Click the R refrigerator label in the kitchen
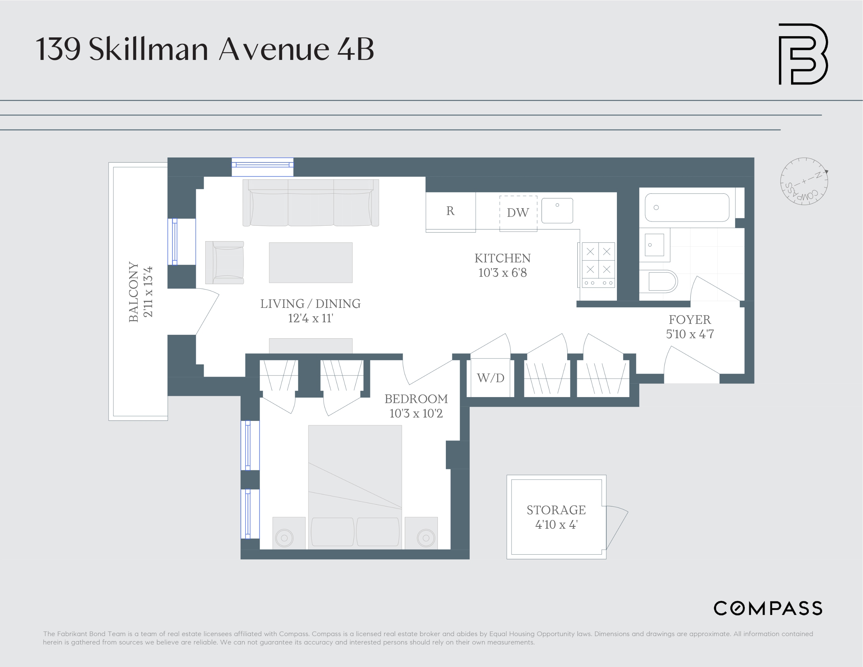(x=450, y=211)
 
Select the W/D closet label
(x=490, y=378)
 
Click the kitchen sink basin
(x=557, y=211)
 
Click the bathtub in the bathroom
(x=687, y=208)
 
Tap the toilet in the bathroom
(x=658, y=281)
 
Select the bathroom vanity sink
(x=654, y=245)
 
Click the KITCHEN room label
(x=502, y=258)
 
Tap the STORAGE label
(x=556, y=510)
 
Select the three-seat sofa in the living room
(x=311, y=203)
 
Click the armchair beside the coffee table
(x=225, y=263)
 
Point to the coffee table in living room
(x=311, y=263)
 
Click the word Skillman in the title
(x=148, y=50)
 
